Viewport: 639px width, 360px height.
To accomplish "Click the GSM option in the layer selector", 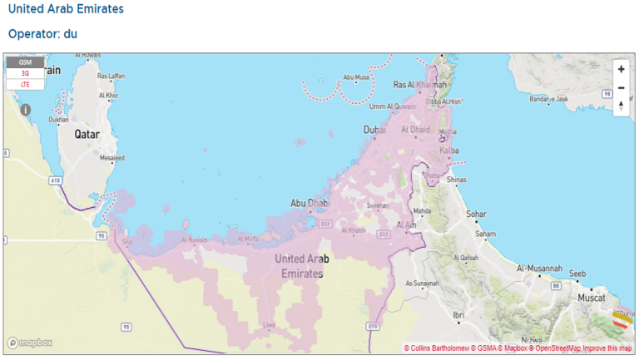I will [25, 62].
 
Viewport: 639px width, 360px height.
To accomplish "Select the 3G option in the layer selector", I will [25, 73].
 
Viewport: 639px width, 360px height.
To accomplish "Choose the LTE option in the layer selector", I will [25, 84].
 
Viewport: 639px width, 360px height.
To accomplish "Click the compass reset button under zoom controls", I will [621, 106].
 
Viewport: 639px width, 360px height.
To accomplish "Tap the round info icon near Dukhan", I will [26, 109].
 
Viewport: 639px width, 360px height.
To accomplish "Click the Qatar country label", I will [89, 133].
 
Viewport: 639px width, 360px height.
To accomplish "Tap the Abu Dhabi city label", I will [310, 203].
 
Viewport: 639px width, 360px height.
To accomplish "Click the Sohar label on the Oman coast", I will [476, 214].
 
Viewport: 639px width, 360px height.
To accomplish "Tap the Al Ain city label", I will [407, 225].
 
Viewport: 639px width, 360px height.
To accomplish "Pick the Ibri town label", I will [458, 315].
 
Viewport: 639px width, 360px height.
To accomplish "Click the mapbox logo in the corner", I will [30, 343].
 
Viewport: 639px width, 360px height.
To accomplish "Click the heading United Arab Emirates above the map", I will [66, 9].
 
